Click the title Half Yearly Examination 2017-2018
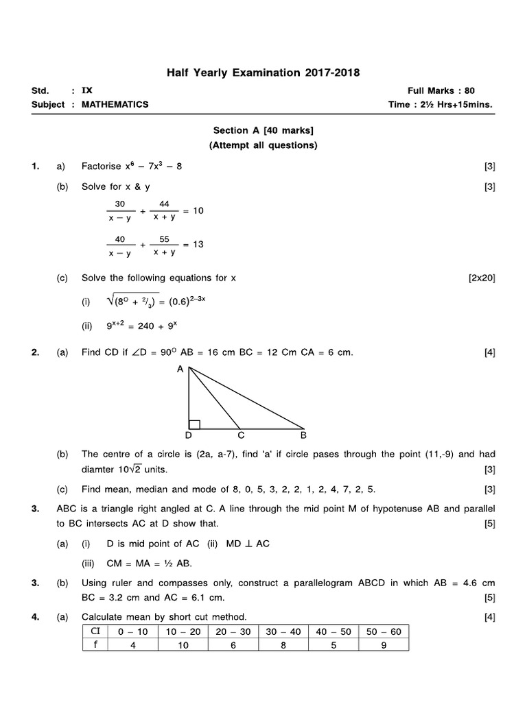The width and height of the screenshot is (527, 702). pos(264,72)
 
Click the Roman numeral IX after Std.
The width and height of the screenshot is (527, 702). pos(86,90)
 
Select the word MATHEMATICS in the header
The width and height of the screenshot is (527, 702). pos(115,104)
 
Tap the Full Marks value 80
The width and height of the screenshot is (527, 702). pos(469,90)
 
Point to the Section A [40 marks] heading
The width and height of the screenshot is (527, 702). pos(263,130)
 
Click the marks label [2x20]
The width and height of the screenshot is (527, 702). pos(481,278)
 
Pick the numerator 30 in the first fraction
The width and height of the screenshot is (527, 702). pos(120,204)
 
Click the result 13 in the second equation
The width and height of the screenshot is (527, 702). pos(198,244)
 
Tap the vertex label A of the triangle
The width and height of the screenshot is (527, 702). pos(180,369)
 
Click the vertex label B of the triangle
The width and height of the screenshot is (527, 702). pos(303,435)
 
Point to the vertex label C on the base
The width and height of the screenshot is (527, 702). pos(241,435)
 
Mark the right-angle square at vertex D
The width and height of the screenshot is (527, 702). pos(194,424)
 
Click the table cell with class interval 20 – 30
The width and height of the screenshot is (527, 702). pos(232,631)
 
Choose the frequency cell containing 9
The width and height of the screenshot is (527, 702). pos(383,644)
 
